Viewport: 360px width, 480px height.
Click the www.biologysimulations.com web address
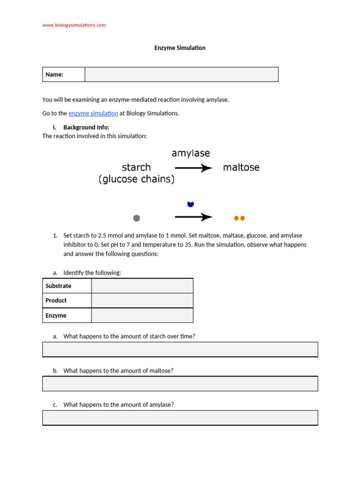(74, 25)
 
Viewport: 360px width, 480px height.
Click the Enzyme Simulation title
(180, 48)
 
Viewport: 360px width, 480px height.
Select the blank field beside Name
(181, 75)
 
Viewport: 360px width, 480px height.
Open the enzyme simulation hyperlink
(93, 113)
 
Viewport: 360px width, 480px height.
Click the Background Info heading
(86, 127)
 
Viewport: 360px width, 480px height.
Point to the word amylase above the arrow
(191, 153)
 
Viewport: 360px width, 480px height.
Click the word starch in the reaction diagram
(136, 167)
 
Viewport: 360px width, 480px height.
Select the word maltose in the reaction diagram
(241, 167)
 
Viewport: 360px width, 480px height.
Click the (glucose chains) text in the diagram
(136, 180)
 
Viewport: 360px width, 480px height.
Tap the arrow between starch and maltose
(194, 168)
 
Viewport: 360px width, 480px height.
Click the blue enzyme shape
(190, 204)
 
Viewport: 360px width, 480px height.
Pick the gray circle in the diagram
(136, 218)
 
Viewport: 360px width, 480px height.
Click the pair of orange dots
(239, 218)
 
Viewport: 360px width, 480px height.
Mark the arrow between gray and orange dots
(194, 217)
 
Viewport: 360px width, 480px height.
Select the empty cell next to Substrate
(142, 286)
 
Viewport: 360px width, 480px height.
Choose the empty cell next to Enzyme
(142, 315)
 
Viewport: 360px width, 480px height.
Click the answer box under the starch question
(180, 349)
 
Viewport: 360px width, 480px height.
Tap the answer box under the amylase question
(180, 418)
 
